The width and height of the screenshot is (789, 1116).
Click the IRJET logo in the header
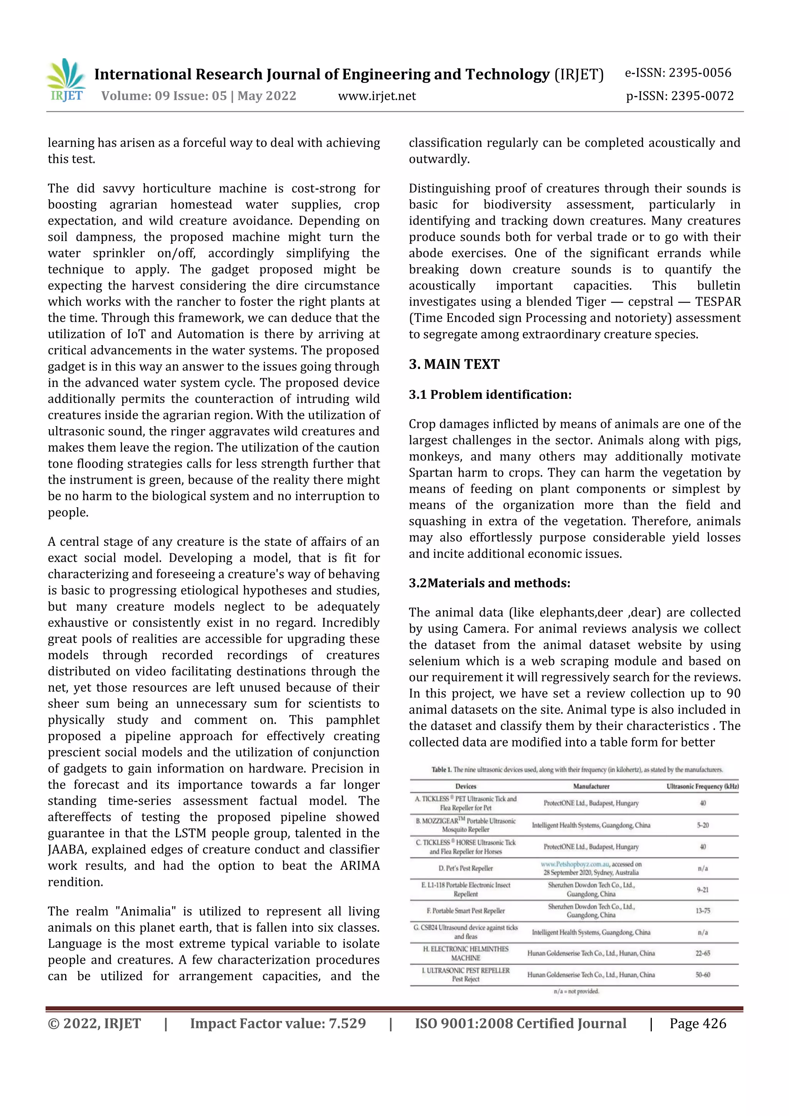coord(66,81)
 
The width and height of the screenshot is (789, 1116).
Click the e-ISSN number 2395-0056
coord(678,73)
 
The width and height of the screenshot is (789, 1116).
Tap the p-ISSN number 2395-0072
coord(680,96)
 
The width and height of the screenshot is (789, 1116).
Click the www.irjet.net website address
coord(377,96)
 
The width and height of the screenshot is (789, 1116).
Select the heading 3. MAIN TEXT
coord(454,364)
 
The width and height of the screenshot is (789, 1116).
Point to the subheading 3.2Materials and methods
coord(489,583)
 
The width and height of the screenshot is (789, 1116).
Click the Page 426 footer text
coord(698,1023)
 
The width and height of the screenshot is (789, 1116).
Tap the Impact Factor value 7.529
coord(278,1023)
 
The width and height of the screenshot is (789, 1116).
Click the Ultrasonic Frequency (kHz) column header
coord(702,786)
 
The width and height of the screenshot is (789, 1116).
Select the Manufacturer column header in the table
coord(591,786)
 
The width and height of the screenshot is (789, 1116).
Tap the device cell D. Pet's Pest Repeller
coord(466,868)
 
